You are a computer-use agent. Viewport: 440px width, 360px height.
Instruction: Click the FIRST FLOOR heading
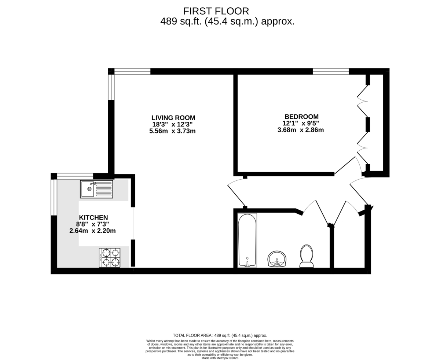[216, 11]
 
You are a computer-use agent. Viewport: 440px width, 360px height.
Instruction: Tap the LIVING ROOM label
[173, 118]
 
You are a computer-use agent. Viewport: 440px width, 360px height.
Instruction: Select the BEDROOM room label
[301, 116]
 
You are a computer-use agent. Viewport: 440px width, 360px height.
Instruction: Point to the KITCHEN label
[93, 217]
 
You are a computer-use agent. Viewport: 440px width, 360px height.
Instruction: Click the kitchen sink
[96, 189]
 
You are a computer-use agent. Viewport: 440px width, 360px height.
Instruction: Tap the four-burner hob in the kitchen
[110, 258]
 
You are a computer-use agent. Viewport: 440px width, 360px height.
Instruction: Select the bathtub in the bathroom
[247, 240]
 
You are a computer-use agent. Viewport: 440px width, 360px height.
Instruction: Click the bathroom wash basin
[276, 259]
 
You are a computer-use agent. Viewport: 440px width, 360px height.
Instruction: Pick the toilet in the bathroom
[307, 256]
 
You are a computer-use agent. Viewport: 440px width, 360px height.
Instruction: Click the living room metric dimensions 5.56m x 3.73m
[172, 131]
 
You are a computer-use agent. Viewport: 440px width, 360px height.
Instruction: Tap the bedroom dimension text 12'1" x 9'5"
[301, 123]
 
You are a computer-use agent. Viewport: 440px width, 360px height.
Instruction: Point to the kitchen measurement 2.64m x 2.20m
[92, 231]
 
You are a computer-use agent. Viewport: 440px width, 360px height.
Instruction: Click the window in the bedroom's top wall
[331, 71]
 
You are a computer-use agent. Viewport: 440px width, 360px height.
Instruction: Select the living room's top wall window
[132, 71]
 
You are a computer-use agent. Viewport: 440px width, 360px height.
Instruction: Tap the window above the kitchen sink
[75, 176]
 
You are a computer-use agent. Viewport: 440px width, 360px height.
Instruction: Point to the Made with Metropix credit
[220, 358]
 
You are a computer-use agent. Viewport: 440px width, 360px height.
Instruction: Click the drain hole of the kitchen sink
[89, 189]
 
